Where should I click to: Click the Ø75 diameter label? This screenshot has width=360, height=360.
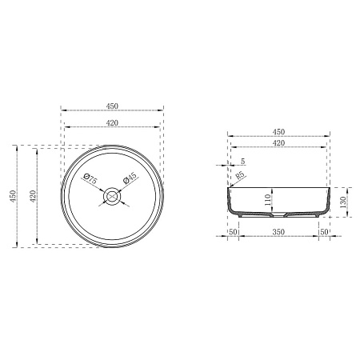coord(90,178)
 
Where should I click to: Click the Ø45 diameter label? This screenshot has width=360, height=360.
coord(130,178)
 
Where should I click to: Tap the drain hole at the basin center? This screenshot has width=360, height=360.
coord(112,196)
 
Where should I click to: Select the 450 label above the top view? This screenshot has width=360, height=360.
coord(112,106)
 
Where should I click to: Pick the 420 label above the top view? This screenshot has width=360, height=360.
coord(112,123)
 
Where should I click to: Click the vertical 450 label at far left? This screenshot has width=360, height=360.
coord(14,196)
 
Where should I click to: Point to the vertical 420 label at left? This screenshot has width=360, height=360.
coord(33,196)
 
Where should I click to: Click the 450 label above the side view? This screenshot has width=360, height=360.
coord(278,132)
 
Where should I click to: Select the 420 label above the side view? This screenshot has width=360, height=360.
coord(278,143)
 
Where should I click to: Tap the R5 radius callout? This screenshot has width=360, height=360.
coord(240,176)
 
